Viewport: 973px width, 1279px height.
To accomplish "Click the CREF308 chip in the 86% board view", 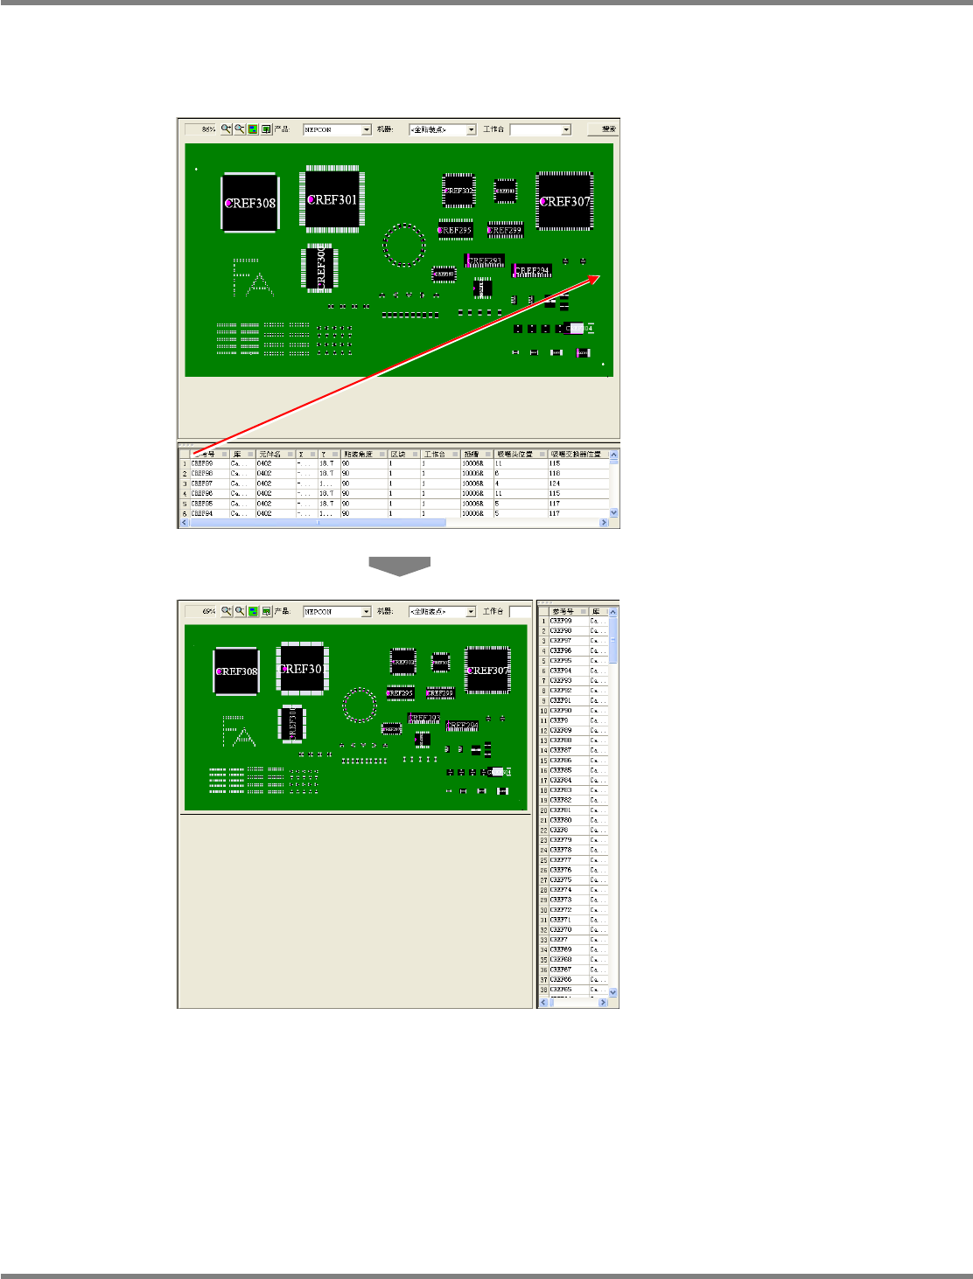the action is [250, 203].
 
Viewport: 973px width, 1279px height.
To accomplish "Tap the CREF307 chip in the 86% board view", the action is [564, 201].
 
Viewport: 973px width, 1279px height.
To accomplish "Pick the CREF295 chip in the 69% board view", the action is [401, 693].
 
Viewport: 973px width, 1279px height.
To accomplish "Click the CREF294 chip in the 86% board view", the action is [532, 270].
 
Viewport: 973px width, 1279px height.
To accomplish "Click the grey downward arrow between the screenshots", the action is [399, 566].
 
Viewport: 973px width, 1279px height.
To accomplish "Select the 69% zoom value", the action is [208, 612].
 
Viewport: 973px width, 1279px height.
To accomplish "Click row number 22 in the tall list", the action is [543, 831].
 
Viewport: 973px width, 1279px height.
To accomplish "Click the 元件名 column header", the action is [270, 454].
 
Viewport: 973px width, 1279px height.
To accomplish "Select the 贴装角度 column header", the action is [359, 454].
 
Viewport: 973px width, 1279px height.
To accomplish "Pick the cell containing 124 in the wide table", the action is [555, 483].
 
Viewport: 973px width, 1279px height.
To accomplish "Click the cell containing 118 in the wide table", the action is [555, 473].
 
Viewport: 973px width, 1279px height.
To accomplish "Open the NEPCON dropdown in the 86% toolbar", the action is [367, 129].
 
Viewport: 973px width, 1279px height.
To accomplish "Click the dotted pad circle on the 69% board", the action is [359, 705].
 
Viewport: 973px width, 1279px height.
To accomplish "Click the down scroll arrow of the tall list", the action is [612, 992].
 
